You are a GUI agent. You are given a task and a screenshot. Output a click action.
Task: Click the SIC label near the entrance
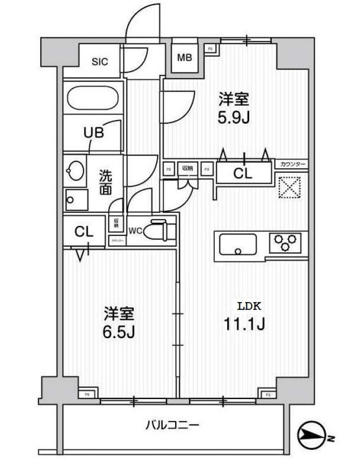point(99,62)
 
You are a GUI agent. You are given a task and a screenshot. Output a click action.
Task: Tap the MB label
point(185,58)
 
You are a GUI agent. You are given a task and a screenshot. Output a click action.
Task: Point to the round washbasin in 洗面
point(76,171)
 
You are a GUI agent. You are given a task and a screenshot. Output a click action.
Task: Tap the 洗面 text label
point(105,182)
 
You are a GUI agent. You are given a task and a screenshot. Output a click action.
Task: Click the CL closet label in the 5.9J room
point(243,174)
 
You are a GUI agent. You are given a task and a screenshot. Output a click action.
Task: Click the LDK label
point(248,306)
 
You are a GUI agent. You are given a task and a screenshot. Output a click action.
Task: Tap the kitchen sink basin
point(238,243)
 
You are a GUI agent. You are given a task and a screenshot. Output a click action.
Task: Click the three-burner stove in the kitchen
point(285,243)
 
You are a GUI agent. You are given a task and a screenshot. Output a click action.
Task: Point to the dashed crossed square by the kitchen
point(291,189)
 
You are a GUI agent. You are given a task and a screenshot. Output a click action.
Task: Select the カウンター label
point(292,163)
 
